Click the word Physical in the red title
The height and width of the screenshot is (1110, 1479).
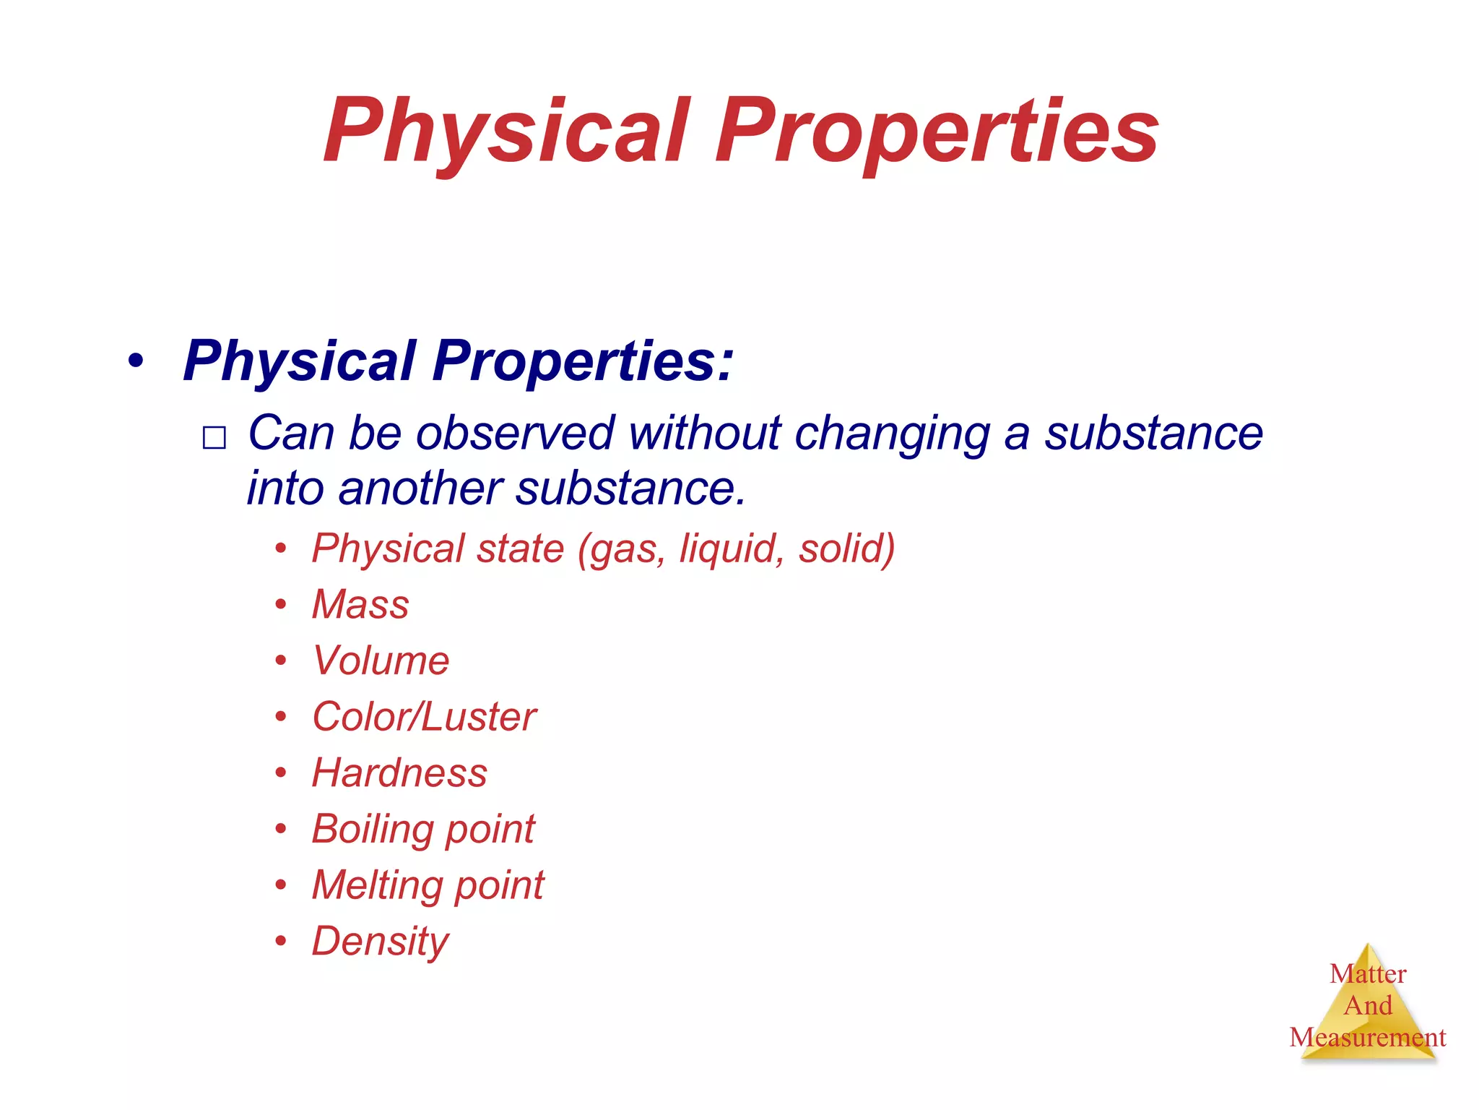tap(506, 132)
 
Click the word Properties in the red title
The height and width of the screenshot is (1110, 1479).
tap(936, 132)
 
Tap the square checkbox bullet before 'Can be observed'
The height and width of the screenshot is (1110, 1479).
tap(214, 438)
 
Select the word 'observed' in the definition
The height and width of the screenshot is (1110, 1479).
tap(515, 433)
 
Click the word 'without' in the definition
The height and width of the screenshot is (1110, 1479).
tap(704, 433)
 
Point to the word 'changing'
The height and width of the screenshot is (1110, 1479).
tap(893, 433)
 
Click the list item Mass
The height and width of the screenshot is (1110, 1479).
tap(360, 604)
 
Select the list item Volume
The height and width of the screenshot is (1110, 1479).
tap(381, 661)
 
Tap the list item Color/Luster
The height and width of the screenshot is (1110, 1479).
tap(424, 717)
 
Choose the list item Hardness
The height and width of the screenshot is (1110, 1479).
tap(399, 773)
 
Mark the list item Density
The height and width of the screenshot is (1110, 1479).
tap(380, 941)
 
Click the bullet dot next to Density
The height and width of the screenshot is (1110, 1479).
tap(281, 941)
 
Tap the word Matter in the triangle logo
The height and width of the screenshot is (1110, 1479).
tap(1368, 973)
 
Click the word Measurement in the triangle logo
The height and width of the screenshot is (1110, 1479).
tap(1368, 1038)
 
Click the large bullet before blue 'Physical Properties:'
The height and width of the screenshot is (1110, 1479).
tap(135, 361)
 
